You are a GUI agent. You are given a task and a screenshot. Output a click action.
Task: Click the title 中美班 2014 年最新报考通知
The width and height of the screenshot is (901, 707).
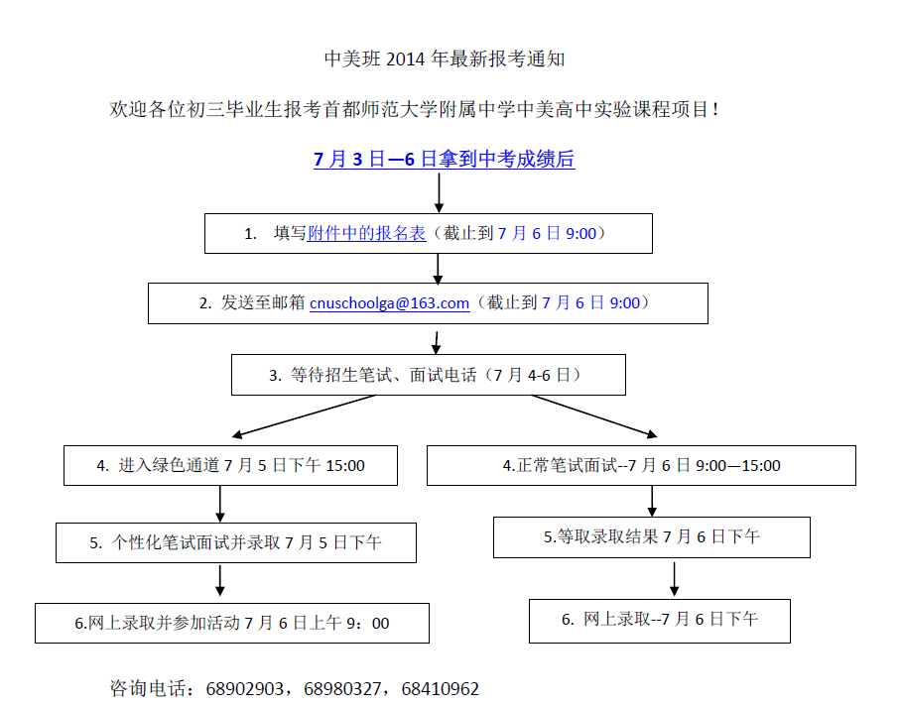pos(445,59)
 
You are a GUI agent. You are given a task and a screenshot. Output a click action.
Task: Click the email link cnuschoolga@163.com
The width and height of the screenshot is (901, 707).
pos(390,303)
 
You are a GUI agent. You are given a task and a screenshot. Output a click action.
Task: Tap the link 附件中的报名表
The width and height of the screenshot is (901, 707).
pos(366,233)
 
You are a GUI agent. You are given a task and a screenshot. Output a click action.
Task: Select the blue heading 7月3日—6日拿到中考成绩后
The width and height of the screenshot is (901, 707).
pos(445,159)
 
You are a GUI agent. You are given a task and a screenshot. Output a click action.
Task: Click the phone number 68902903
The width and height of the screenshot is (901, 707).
pos(244,688)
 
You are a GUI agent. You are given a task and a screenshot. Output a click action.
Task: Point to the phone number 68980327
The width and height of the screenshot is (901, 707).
pos(342,688)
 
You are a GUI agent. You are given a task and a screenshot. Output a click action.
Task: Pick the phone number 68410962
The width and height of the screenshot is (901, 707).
pos(441,688)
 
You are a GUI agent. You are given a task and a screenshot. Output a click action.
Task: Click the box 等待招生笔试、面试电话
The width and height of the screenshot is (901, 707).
pos(429,375)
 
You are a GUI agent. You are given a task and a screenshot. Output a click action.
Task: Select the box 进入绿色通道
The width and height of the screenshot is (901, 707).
pos(230,465)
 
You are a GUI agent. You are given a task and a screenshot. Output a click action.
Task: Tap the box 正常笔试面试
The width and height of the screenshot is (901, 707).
pos(641,465)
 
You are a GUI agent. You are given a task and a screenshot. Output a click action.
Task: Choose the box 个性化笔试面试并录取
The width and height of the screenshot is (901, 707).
pos(236,542)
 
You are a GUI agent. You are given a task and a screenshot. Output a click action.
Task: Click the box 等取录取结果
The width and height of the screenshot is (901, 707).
pos(652,537)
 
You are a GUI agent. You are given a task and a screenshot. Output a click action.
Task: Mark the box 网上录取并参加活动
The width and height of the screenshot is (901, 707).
pos(232,623)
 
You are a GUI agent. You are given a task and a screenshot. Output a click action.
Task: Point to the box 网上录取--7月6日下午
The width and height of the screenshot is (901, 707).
pos(660,621)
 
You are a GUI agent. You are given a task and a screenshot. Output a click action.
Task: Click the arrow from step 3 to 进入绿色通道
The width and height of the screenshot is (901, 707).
pos(304,416)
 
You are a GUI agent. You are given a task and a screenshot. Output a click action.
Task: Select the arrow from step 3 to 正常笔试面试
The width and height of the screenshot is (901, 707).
pos(594,416)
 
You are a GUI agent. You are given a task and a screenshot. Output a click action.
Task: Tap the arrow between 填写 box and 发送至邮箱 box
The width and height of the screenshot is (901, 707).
pos(438,269)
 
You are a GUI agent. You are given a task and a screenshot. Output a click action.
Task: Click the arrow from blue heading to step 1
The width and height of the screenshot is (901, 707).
pos(439,193)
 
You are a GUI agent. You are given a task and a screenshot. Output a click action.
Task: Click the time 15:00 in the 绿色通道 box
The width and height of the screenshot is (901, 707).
pos(345,465)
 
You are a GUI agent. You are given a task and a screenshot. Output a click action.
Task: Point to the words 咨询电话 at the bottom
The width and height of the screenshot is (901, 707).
pos(148,688)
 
